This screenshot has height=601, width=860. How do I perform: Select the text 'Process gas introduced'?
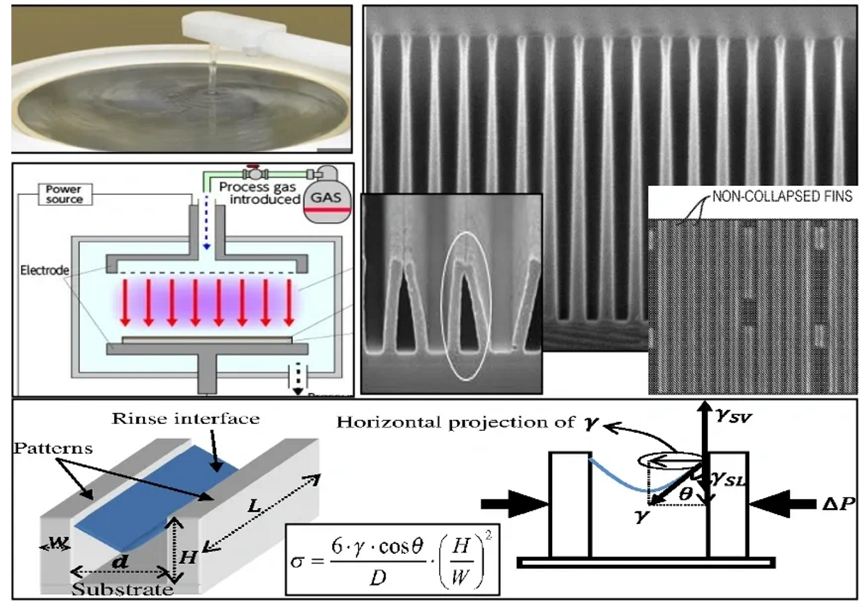tap(257, 194)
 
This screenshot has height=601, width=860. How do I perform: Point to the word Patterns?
tap(53, 448)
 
